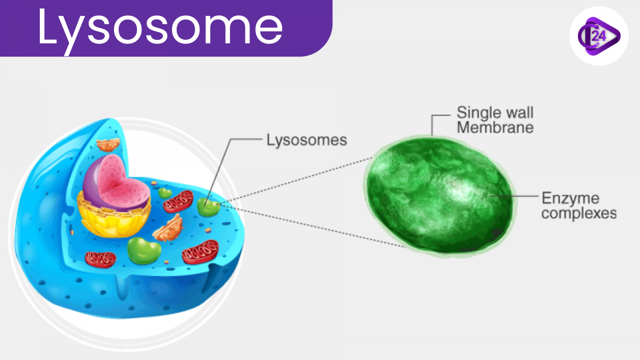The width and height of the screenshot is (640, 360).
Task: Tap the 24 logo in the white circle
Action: [599, 36]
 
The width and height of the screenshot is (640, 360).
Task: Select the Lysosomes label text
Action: [306, 140]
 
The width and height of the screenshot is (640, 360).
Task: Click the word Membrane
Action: [495, 128]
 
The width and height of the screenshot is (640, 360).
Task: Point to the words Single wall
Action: [495, 112]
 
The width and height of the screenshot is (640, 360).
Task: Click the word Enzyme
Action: [570, 199]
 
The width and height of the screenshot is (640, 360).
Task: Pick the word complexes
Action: [579, 214]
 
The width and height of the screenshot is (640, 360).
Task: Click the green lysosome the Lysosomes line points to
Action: [208, 207]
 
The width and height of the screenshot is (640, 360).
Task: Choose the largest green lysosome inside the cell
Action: [144, 250]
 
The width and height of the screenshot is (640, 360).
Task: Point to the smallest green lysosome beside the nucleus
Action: [165, 193]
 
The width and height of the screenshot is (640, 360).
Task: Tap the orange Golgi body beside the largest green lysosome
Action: [168, 228]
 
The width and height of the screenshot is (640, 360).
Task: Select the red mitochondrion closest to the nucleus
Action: [178, 202]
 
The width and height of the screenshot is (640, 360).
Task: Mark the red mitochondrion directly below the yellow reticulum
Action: [100, 260]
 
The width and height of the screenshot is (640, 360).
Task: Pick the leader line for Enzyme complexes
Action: [514, 196]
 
